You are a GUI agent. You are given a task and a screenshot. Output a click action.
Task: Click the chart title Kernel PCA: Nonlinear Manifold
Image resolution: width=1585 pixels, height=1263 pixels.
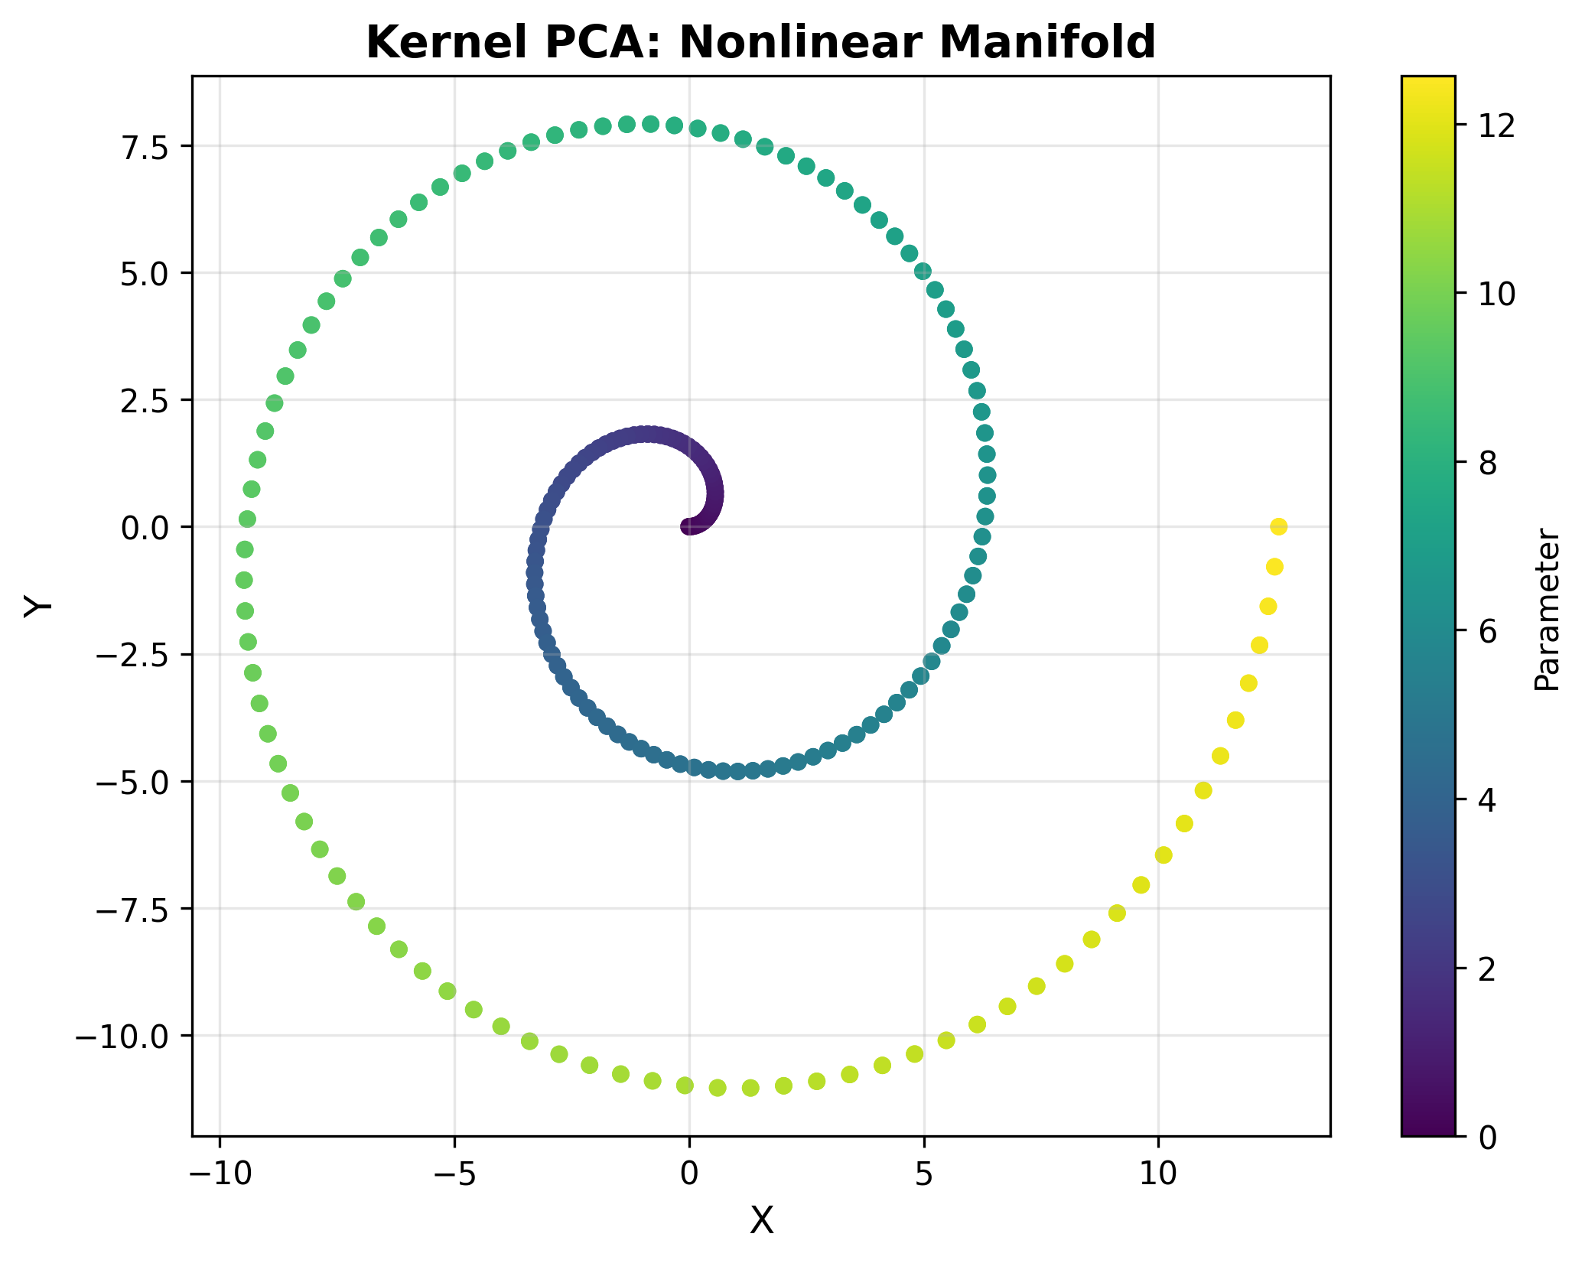click(x=760, y=42)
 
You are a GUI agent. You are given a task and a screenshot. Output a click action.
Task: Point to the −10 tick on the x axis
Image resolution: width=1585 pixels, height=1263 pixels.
click(x=220, y=1171)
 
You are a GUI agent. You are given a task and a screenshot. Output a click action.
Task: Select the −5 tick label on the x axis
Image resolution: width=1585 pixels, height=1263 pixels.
click(x=454, y=1171)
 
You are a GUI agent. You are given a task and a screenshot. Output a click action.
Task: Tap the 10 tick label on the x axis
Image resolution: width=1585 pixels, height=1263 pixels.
click(x=1158, y=1171)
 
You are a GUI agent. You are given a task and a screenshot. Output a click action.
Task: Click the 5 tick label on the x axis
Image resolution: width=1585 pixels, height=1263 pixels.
click(x=924, y=1171)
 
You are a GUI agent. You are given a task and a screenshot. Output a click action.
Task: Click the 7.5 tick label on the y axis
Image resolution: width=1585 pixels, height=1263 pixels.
click(x=150, y=145)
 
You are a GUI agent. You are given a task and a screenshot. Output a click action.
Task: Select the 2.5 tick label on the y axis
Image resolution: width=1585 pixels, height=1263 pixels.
click(x=150, y=400)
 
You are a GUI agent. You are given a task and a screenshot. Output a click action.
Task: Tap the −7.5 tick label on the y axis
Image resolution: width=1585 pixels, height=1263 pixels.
click(x=138, y=909)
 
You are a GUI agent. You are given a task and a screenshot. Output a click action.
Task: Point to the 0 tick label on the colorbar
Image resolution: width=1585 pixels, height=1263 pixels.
click(x=1486, y=1137)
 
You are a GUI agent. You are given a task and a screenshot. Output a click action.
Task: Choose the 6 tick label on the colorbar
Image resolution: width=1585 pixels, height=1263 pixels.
click(x=1486, y=631)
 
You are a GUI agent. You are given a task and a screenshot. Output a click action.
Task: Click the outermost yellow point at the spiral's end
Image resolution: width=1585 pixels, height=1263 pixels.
click(x=1278, y=526)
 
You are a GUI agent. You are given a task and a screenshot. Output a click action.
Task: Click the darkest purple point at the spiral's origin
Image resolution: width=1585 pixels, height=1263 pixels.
click(x=688, y=526)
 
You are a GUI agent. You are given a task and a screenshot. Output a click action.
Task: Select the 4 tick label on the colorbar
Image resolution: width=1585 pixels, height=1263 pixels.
click(x=1486, y=799)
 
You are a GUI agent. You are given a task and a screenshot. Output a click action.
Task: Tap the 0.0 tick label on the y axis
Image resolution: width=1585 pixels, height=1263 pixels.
click(x=150, y=527)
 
